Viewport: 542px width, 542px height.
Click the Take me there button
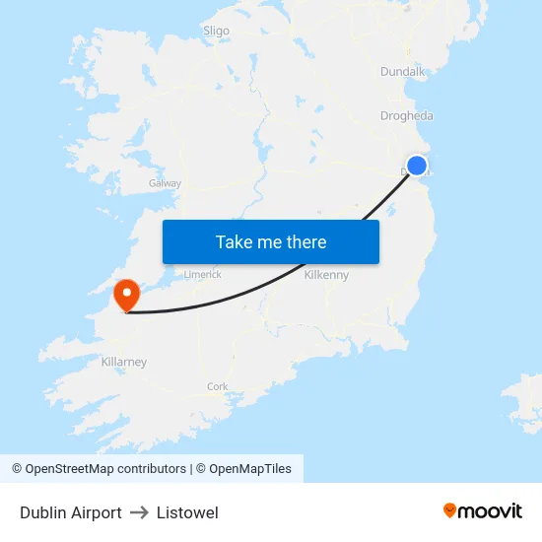(x=271, y=241)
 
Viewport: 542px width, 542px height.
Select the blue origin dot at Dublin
(x=417, y=166)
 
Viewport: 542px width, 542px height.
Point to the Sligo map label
(x=216, y=31)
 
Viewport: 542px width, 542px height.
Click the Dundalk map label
(x=402, y=72)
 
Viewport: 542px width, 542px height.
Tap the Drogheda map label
(x=406, y=116)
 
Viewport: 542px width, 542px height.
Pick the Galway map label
(x=165, y=183)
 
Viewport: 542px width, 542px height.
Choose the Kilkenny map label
(x=326, y=275)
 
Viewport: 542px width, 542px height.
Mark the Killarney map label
(x=124, y=362)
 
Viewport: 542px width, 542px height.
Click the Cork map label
(x=218, y=386)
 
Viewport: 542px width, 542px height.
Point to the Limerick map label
(x=203, y=275)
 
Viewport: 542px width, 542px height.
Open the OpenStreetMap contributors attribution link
(x=99, y=469)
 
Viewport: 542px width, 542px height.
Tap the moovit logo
(x=482, y=511)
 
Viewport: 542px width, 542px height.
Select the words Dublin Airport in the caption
(x=71, y=512)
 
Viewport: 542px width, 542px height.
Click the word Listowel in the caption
(x=187, y=512)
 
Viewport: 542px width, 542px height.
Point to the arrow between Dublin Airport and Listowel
(x=139, y=512)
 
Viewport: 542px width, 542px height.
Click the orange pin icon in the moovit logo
(x=450, y=510)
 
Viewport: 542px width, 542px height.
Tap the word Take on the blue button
(x=234, y=241)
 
